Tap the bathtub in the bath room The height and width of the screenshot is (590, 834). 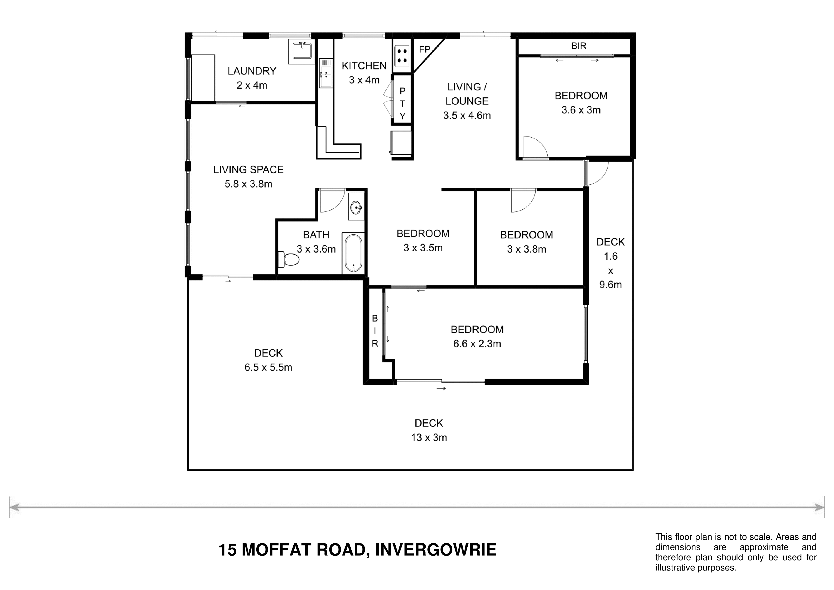click(353, 253)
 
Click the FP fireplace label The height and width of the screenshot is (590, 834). click(425, 49)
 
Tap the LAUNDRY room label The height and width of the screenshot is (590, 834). click(252, 71)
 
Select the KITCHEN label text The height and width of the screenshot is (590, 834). click(364, 66)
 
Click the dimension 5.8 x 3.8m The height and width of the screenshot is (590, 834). click(248, 184)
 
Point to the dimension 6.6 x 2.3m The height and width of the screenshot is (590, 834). click(477, 344)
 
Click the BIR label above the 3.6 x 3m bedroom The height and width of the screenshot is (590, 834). click(579, 46)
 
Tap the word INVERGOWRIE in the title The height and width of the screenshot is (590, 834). click(436, 550)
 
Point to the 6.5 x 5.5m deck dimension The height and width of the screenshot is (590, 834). click(268, 367)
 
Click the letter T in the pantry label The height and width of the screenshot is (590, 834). click(402, 104)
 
